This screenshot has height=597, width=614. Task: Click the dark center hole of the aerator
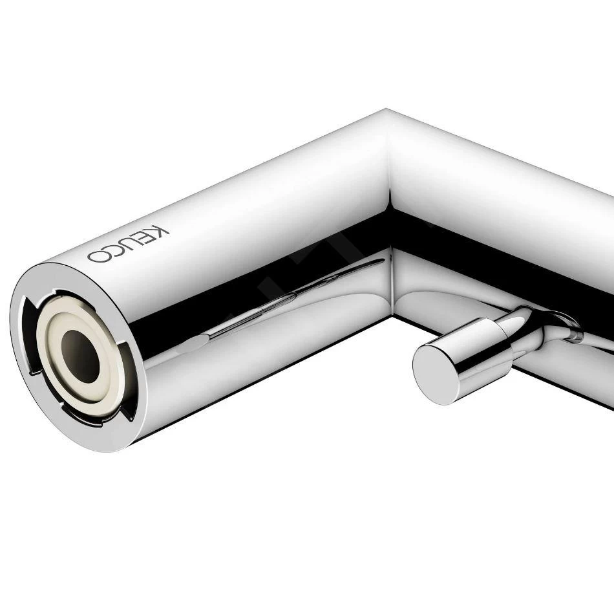coord(80,356)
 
